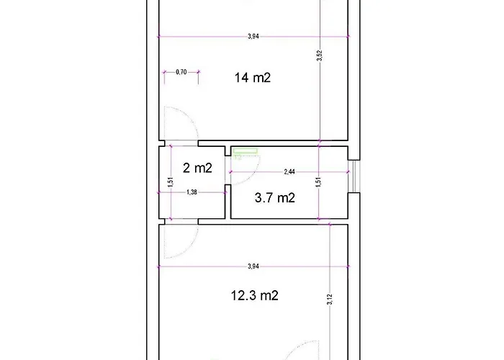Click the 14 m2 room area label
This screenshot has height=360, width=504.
point(252,78)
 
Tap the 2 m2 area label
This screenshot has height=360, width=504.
point(197,168)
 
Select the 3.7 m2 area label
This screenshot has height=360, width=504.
point(275,198)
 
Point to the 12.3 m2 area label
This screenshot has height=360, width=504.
point(255,295)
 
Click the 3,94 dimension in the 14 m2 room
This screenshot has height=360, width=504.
point(253,36)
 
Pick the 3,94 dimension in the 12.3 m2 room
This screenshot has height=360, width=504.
point(253,266)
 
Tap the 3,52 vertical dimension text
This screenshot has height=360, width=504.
point(319,55)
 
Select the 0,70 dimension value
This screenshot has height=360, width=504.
point(181,72)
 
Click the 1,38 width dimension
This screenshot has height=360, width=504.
point(192,192)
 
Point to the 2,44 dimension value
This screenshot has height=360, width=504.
point(289,171)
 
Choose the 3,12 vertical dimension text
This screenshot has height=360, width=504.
point(330,300)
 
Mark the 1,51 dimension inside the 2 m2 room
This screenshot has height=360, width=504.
point(171,182)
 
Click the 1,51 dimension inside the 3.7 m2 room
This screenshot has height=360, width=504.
point(318,182)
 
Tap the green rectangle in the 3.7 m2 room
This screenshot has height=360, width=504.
point(246,150)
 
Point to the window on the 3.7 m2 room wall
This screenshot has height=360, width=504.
point(354,176)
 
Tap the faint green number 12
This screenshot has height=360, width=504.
point(238,157)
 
